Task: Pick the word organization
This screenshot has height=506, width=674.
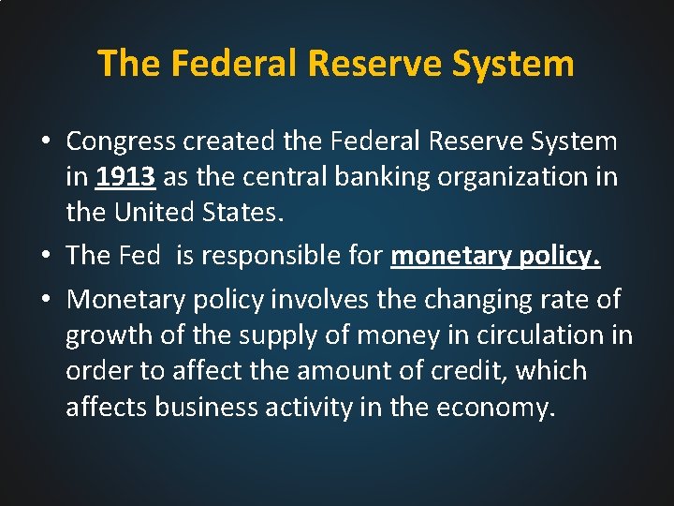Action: (501, 177)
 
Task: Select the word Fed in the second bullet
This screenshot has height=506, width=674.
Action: (140, 256)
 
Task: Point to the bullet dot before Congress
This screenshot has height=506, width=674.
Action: (45, 142)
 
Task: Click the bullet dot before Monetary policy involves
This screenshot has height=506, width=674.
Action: (45, 300)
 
